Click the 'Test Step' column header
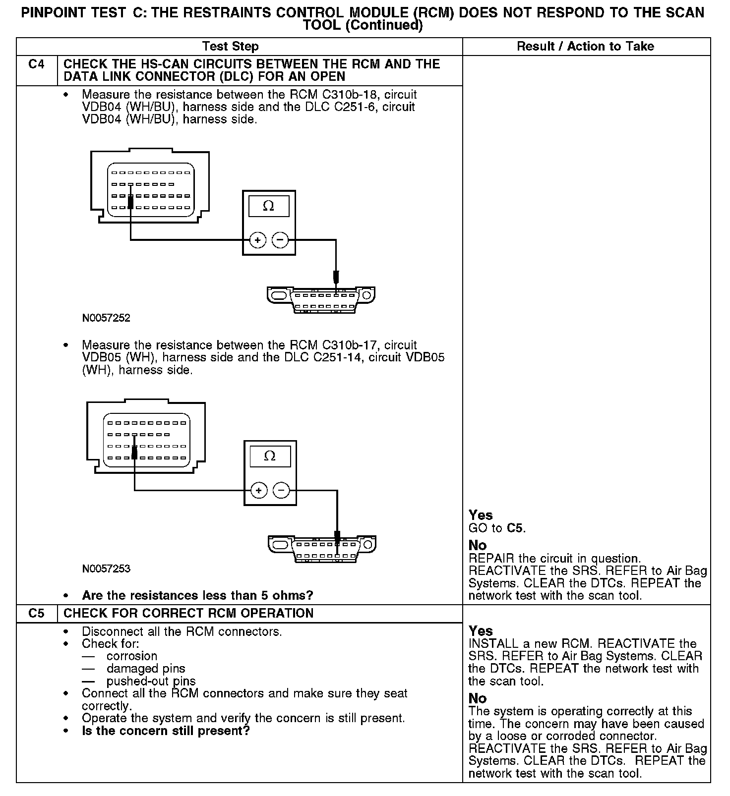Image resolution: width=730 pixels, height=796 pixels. pyautogui.click(x=230, y=47)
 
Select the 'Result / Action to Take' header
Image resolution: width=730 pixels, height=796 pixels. pyautogui.click(x=585, y=47)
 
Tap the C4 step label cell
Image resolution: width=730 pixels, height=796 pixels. pyautogui.click(x=37, y=64)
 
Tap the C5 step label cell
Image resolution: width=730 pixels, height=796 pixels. pyautogui.click(x=37, y=614)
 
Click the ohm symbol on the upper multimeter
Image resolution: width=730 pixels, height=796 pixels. pyautogui.click(x=268, y=206)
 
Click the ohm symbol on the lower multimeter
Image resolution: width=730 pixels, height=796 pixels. pyautogui.click(x=270, y=456)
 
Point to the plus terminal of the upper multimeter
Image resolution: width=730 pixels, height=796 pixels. pyautogui.click(x=257, y=240)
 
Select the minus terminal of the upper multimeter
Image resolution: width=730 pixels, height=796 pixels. pyautogui.click(x=280, y=240)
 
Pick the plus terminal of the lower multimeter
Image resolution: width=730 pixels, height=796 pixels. pyautogui.click(x=259, y=491)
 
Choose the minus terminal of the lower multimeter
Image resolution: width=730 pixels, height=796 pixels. pyautogui.click(x=282, y=491)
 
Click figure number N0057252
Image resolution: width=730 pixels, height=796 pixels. pyautogui.click(x=106, y=318)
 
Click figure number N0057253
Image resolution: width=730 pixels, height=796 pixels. pyautogui.click(x=106, y=569)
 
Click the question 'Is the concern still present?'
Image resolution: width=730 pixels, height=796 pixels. pyautogui.click(x=166, y=731)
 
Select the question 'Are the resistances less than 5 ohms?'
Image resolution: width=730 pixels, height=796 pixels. pyautogui.click(x=197, y=595)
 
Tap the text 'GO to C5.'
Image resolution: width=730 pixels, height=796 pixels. pyautogui.click(x=497, y=528)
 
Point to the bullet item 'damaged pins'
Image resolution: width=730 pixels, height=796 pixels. pyautogui.click(x=146, y=669)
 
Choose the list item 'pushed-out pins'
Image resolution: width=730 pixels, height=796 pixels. pyautogui.click(x=151, y=682)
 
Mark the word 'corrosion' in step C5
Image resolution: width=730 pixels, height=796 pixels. pyautogui.click(x=132, y=656)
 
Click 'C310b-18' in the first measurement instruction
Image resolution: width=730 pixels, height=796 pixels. pyautogui.click(x=350, y=95)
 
